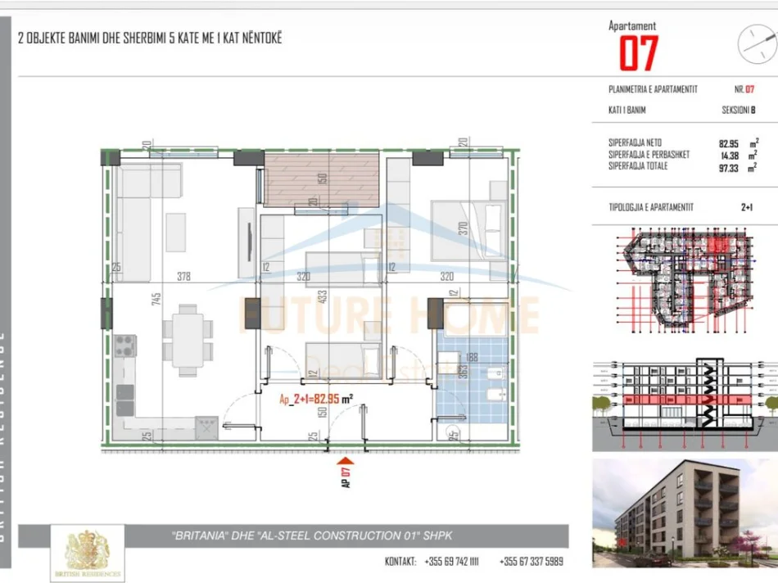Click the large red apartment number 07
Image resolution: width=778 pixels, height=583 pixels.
click(638, 54)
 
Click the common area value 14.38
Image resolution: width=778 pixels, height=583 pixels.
click(718, 155)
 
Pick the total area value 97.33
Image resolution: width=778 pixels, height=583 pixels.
click(718, 166)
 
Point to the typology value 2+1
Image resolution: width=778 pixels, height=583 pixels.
click(746, 207)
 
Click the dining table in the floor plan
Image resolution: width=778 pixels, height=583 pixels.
click(188, 339)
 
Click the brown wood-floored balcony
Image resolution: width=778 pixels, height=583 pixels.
click(321, 178)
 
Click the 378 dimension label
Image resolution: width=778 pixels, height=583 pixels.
click(183, 277)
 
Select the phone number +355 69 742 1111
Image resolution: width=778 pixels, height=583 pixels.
click(451, 562)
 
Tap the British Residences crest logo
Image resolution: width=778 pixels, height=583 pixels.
click(88, 553)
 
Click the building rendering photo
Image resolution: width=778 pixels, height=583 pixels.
click(684, 513)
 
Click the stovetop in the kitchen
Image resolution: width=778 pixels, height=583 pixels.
click(124, 346)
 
